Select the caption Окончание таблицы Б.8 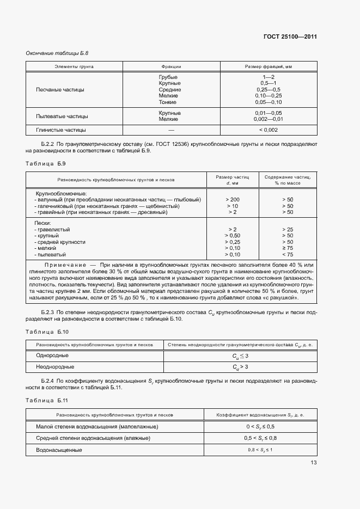tap(57, 53)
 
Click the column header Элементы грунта tap(74, 66)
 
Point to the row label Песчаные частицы tap(60, 89)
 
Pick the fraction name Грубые tap(167, 77)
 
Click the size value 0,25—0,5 tap(269, 89)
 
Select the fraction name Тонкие tap(167, 102)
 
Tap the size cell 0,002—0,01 tap(269, 119)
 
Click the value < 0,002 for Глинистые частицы tap(269, 130)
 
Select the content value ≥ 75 tap(288, 248)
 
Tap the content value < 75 tap(288, 254)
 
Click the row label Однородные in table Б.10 tap(52, 355)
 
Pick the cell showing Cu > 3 tap(240, 367)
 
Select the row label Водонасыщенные tap(59, 450)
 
